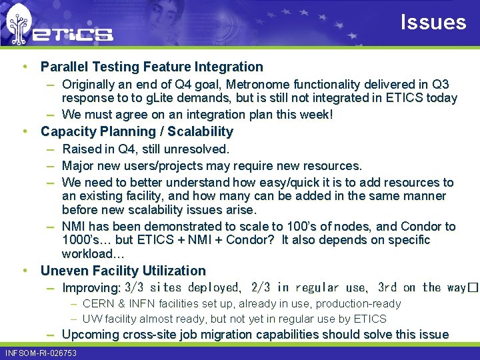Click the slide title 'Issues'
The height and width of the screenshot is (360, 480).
pos(433,23)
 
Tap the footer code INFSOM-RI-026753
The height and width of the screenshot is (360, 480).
pos(41,353)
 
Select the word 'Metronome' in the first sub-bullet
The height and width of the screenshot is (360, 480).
pos(256,85)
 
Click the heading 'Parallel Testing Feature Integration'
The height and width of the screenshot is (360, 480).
pos(151,67)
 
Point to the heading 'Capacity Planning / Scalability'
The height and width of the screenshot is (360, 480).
pos(137,131)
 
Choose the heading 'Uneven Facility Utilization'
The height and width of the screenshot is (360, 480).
pos(123,271)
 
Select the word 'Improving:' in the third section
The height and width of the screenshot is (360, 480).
pos(91,288)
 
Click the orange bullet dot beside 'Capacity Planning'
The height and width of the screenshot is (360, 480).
pos(25,131)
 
